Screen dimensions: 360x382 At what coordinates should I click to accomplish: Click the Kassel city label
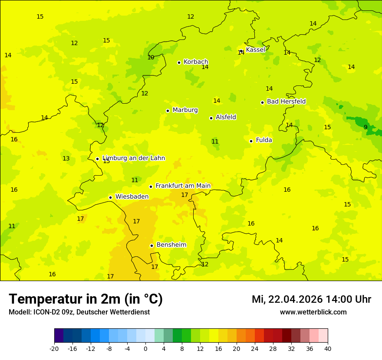click(255, 50)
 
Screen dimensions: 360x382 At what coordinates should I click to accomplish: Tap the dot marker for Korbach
click(179, 62)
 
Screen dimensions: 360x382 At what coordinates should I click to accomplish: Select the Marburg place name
click(185, 110)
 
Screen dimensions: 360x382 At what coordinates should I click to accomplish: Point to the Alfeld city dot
click(211, 118)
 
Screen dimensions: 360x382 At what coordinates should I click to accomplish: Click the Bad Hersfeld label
click(286, 101)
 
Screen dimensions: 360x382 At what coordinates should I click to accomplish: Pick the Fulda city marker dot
click(251, 141)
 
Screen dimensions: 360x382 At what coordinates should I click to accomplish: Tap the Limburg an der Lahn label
click(134, 158)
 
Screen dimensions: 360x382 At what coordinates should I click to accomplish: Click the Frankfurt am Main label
click(183, 186)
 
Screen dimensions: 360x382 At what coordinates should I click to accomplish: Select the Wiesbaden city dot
click(110, 197)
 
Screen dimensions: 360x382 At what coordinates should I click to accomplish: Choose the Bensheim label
click(171, 245)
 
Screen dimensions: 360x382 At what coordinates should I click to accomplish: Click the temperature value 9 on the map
click(366, 127)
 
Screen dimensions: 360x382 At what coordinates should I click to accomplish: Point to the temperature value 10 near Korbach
click(151, 57)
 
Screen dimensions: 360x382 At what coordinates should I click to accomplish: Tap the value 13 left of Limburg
click(66, 158)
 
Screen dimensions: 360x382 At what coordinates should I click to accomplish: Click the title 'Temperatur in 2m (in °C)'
click(86, 299)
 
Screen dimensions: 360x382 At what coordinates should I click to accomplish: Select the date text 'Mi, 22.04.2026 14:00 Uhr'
click(311, 299)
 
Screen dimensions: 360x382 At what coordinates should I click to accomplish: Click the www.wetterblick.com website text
click(313, 312)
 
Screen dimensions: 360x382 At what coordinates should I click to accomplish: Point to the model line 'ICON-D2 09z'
click(79, 312)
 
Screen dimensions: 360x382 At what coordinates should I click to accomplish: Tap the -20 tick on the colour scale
click(54, 349)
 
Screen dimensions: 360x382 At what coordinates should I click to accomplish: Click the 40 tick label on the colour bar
click(328, 349)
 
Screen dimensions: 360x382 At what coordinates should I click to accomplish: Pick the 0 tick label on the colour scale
click(145, 349)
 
